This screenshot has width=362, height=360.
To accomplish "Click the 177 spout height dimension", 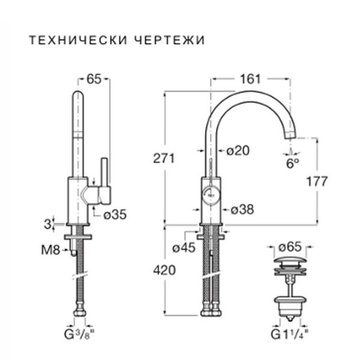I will (x=317, y=181).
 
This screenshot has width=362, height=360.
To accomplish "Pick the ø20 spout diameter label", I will (x=238, y=151).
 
